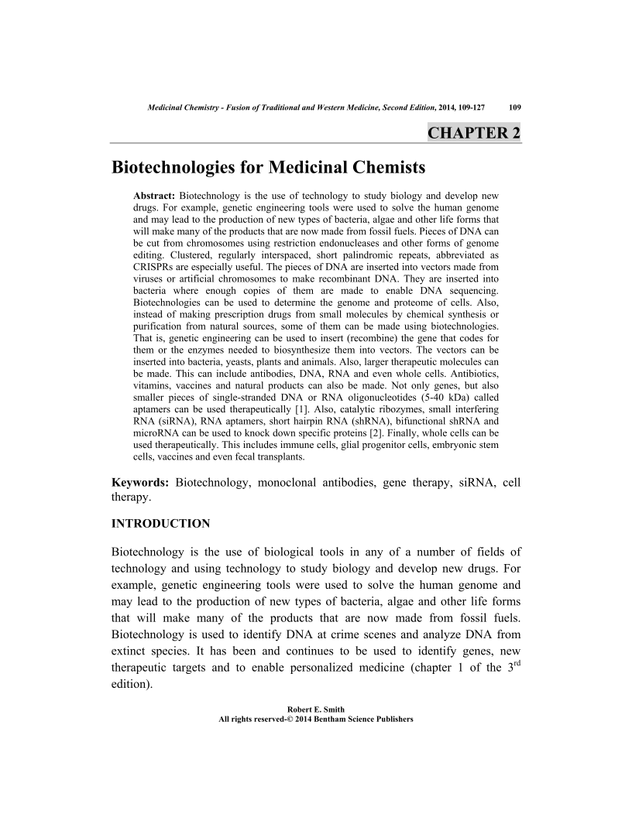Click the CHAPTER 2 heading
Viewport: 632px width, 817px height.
coord(473,132)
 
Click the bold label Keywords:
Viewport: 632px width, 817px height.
coord(141,484)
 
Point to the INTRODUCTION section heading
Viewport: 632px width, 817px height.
coord(161,524)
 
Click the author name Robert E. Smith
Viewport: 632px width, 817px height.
coord(316,709)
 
